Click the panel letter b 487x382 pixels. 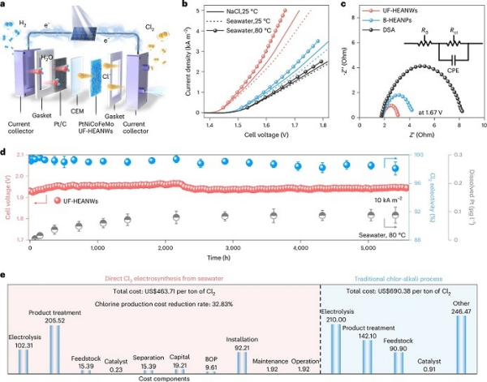(188, 6)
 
